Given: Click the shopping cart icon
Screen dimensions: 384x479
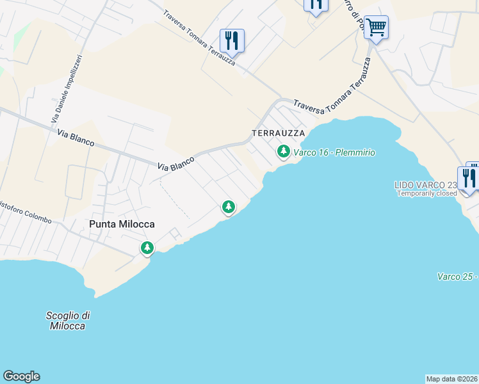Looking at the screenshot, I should point(376,28).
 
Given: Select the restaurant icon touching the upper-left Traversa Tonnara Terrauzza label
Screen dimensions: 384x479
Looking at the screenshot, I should point(232,41).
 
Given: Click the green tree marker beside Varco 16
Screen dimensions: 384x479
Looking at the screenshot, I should point(283,152).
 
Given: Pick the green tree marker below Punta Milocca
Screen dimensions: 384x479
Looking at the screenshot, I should point(147,248).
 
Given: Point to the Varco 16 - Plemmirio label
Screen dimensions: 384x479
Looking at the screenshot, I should point(334,152).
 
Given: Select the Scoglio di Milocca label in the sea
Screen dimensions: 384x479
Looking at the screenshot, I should point(68,321).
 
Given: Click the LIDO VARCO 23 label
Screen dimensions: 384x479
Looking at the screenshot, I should point(425,185).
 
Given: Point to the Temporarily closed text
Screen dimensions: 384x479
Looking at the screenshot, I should point(426,193).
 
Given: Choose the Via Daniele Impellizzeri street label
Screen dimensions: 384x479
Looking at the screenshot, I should point(66,90).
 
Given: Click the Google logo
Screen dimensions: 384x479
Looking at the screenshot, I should point(21,376).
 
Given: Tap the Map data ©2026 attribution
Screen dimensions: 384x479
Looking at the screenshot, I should point(451,379).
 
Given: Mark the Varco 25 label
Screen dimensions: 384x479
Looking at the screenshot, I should point(457,276).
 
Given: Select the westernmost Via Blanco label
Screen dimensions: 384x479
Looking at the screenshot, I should point(76,139).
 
